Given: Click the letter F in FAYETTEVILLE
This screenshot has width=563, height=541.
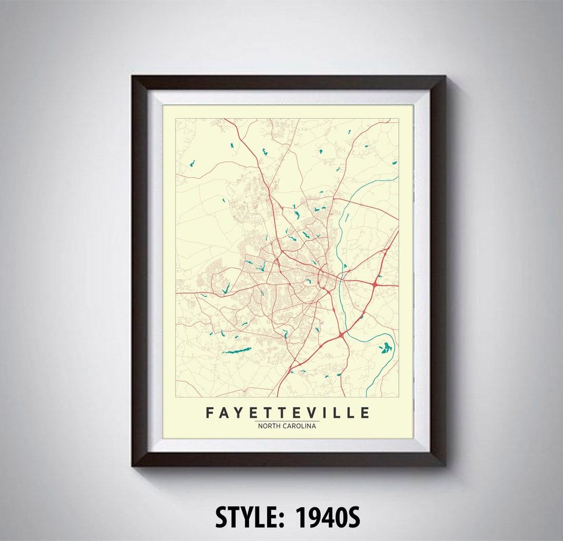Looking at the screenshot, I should pos(210,413).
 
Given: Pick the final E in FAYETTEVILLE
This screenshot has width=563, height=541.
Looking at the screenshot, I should pos(364,413).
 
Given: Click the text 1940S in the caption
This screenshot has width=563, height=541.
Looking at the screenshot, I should pos(328,518).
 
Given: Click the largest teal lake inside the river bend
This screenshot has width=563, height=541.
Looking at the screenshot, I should pos(385,348).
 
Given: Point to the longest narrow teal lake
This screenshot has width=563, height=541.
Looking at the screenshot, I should pos(237,351).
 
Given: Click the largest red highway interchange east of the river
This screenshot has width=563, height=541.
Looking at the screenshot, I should pos(374,284).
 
